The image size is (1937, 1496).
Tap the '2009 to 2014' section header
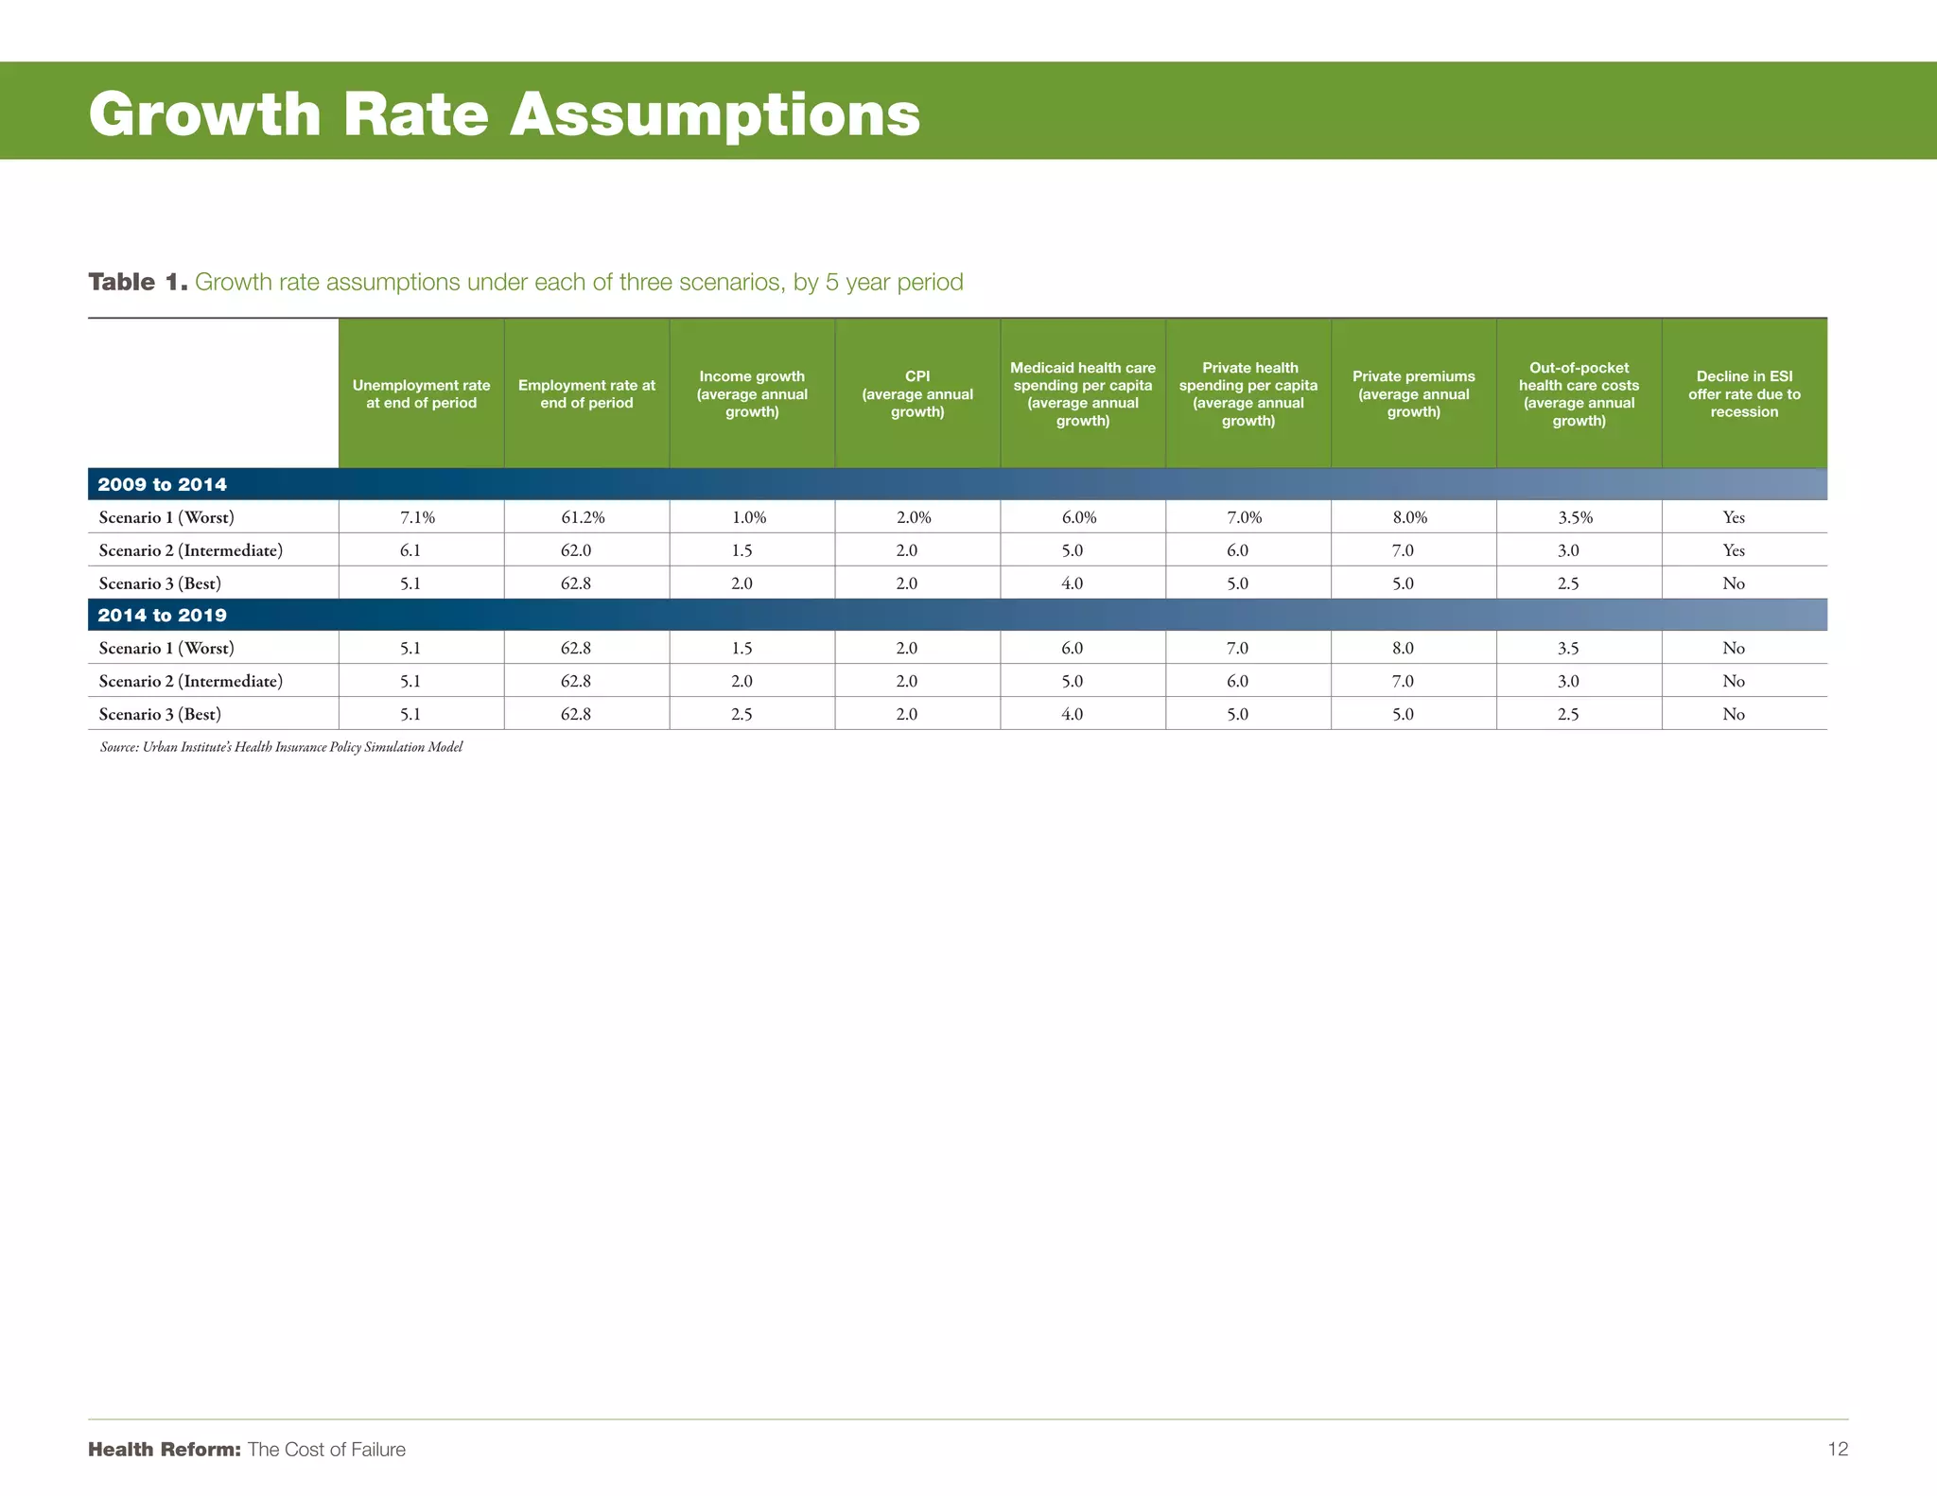(163, 484)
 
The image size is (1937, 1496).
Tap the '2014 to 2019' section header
(163, 615)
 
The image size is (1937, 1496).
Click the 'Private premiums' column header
(1413, 393)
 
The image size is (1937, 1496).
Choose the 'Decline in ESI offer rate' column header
(1744, 393)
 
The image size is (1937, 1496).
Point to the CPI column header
(916, 393)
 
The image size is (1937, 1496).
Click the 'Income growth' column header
(752, 393)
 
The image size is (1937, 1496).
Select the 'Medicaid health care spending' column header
(1082, 393)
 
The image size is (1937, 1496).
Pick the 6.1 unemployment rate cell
(410, 550)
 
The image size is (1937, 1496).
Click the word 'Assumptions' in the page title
(714, 114)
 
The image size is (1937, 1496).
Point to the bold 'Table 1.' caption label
(138, 282)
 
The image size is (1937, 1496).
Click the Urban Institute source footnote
(281, 747)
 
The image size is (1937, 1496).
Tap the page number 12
(1837, 1449)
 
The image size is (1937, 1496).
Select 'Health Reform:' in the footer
(165, 1450)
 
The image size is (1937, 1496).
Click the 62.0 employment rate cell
(575, 550)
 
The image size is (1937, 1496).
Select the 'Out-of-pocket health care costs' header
(1579, 393)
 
